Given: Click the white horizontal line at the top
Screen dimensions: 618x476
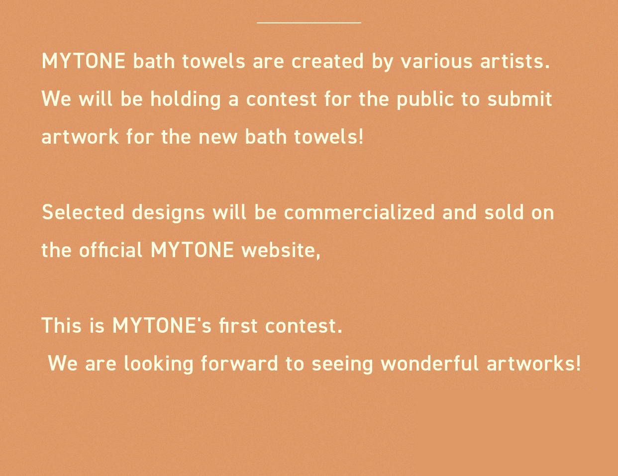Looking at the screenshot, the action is pos(309,22).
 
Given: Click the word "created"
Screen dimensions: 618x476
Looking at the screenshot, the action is pos(327,61).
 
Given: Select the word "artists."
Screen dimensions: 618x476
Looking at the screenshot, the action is pos(515,61).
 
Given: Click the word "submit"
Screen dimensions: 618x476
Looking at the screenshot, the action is pos(519,99).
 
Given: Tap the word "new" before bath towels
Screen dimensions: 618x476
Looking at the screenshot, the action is pos(218,138).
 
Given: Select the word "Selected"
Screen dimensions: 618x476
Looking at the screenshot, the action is pos(83,212).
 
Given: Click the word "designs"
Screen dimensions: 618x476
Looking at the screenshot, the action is pos(168,213).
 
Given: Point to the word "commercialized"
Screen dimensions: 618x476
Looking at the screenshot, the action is pos(359,212).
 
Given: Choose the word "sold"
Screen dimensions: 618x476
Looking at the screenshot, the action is pos(504,212).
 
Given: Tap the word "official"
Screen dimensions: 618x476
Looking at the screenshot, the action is pos(110,250).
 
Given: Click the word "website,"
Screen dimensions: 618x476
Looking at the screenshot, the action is pos(281,251).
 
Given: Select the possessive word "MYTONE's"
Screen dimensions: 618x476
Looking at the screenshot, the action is pos(162,326).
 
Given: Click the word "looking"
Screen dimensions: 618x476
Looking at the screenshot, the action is pos(159,364).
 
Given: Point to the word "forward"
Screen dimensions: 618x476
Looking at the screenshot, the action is pos(239,364).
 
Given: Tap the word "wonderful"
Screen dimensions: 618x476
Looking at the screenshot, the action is pos(430,364).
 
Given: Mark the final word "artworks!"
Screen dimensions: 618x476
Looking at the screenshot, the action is pos(533,364).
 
